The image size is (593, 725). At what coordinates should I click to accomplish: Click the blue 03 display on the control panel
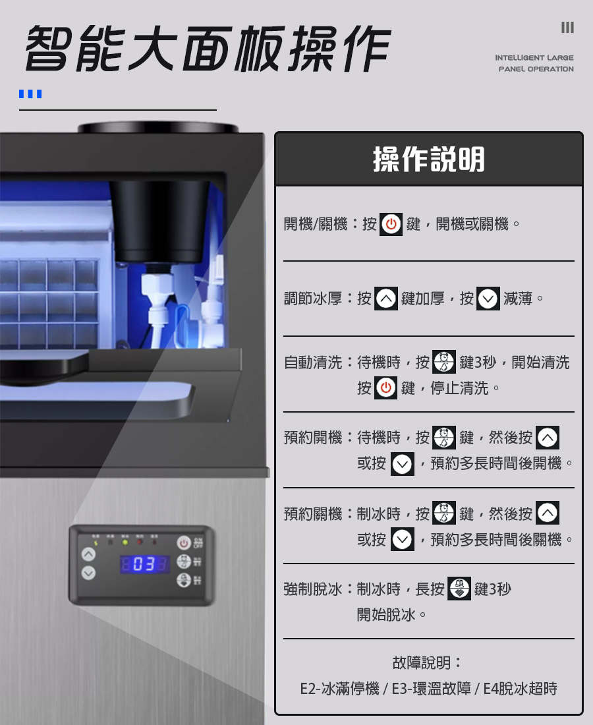click(x=145, y=564)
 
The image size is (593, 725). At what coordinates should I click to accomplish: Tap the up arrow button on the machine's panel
click(x=88, y=554)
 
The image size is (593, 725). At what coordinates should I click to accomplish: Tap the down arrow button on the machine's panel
click(x=88, y=573)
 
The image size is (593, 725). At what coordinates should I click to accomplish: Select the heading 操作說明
click(x=429, y=159)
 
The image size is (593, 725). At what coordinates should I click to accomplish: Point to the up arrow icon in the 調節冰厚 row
click(x=386, y=299)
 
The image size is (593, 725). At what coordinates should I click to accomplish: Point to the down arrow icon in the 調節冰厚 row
click(x=488, y=299)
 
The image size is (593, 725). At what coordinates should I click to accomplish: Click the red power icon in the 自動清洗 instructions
click(x=386, y=388)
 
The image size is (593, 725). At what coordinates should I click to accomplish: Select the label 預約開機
click(x=314, y=437)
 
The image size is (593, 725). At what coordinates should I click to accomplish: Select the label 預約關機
click(x=314, y=513)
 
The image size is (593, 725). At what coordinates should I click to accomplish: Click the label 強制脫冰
click(x=314, y=589)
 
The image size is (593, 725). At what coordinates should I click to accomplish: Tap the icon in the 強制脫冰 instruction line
click(x=459, y=589)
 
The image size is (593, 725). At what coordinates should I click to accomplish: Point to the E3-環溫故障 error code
click(x=431, y=689)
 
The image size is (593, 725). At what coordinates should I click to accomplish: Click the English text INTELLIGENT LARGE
click(x=534, y=58)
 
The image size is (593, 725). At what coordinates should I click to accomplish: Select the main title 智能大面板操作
click(x=208, y=49)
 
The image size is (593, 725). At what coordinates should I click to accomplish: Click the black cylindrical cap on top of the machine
click(x=158, y=127)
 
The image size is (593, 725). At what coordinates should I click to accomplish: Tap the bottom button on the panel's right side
click(x=184, y=581)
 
